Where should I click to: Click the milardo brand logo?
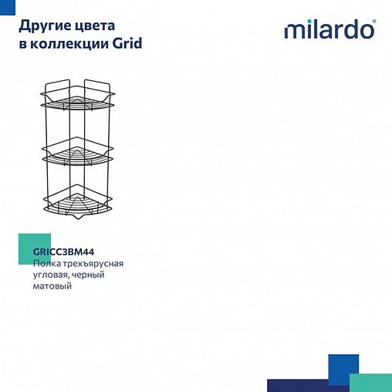[329, 30]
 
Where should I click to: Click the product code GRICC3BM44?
[63, 250]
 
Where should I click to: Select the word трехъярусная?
[93, 263]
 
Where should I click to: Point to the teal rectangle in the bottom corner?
[370, 382]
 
